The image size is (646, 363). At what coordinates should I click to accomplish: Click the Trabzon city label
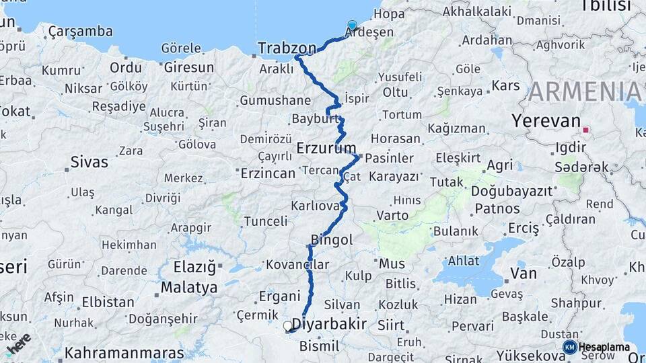(287, 48)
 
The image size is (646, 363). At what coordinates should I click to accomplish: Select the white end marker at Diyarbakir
(288, 326)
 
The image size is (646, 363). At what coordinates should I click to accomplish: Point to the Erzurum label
(326, 148)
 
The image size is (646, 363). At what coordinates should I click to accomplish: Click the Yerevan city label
(546, 122)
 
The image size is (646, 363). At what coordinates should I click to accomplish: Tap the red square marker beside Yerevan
(586, 130)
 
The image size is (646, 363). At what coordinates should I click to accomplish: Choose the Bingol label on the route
(332, 240)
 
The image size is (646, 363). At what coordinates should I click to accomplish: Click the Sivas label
(89, 162)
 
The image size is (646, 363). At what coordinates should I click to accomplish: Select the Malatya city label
(189, 288)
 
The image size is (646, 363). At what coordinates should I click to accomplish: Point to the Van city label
(524, 274)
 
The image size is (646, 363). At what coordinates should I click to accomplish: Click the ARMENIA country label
(585, 92)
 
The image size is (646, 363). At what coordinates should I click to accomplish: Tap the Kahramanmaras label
(124, 353)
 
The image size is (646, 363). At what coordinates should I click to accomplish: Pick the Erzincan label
(268, 173)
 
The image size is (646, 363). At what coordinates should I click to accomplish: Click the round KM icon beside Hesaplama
(569, 347)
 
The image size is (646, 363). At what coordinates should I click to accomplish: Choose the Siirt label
(391, 325)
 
